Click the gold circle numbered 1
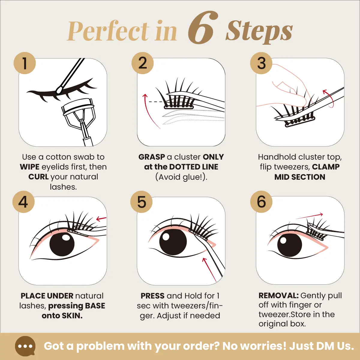point(25,63)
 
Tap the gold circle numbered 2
point(142,63)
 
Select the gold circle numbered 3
point(261,63)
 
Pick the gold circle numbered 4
point(23,202)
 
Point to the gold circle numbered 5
point(141,202)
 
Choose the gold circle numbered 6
point(261,202)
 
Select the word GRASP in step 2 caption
point(151,157)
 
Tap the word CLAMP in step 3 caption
point(325,167)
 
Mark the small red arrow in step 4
point(101,218)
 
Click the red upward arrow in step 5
point(209,270)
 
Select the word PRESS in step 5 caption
point(152,296)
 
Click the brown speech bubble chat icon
point(25,346)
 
